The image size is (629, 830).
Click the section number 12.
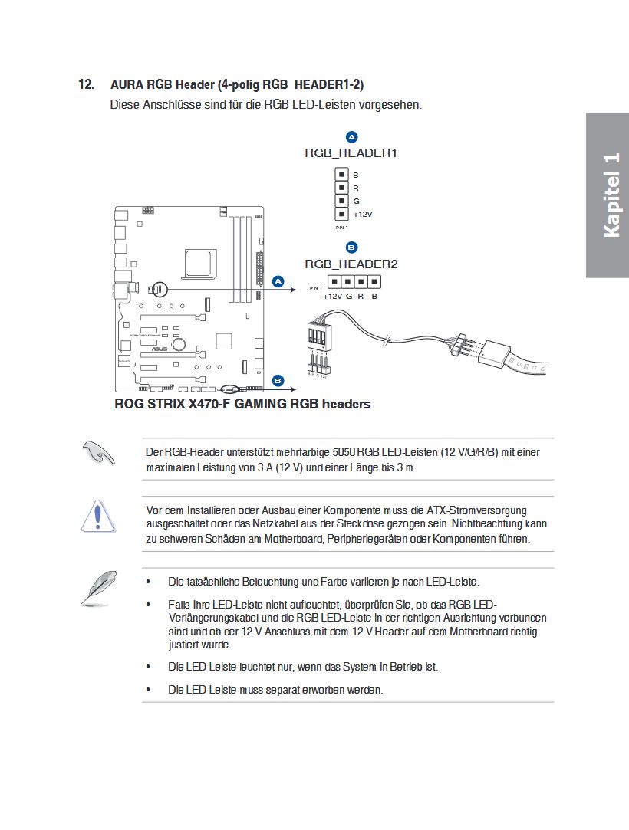(87, 84)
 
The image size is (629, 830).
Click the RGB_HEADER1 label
(351, 153)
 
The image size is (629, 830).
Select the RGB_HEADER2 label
(351, 264)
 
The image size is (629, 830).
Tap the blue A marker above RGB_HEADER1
(351, 137)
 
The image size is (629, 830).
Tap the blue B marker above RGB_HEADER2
(351, 248)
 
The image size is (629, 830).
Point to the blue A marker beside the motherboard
(278, 282)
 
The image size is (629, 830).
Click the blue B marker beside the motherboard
(278, 380)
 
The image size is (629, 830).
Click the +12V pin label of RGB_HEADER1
(362, 214)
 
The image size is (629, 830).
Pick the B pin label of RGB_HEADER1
(356, 175)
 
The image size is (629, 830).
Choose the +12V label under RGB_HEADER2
(332, 296)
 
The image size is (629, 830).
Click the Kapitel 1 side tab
(610, 195)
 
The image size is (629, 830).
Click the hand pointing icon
(98, 453)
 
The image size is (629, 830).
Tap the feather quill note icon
(99, 588)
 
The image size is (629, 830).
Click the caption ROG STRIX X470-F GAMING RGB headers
(242, 404)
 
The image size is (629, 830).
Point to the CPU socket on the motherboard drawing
(195, 259)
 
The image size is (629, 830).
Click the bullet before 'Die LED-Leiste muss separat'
(148, 690)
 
